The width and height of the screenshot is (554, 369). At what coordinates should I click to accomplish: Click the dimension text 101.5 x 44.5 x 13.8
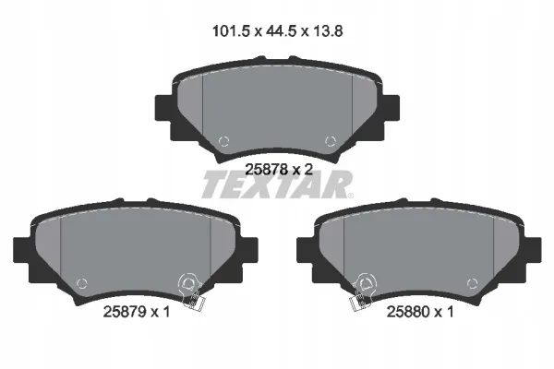coord(277,31)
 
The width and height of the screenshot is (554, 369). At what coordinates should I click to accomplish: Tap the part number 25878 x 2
coord(279,170)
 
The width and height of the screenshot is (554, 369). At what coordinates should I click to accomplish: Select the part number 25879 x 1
coord(137,312)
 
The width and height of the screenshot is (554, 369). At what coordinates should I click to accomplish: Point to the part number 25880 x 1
coord(420,312)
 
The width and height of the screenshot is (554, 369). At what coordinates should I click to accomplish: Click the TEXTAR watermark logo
coord(277,184)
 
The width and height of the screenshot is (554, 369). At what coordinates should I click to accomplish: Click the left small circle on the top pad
coord(223,141)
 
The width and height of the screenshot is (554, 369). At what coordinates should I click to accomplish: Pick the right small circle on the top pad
coord(330,141)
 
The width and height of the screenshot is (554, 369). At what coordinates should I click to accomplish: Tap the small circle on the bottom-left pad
coord(82,283)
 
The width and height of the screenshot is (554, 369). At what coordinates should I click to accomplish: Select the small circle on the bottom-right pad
coord(472,283)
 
